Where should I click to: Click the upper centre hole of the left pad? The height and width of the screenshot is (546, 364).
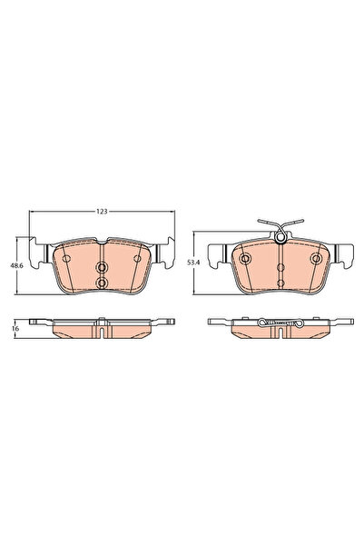[102, 268]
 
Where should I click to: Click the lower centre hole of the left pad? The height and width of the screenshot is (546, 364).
[102, 283]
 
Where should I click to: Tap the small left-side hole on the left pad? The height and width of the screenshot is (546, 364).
[65, 258]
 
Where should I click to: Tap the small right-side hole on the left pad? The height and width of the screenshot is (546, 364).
[138, 258]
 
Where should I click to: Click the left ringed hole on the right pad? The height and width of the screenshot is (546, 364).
[245, 258]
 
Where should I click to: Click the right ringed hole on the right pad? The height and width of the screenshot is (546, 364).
[317, 258]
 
